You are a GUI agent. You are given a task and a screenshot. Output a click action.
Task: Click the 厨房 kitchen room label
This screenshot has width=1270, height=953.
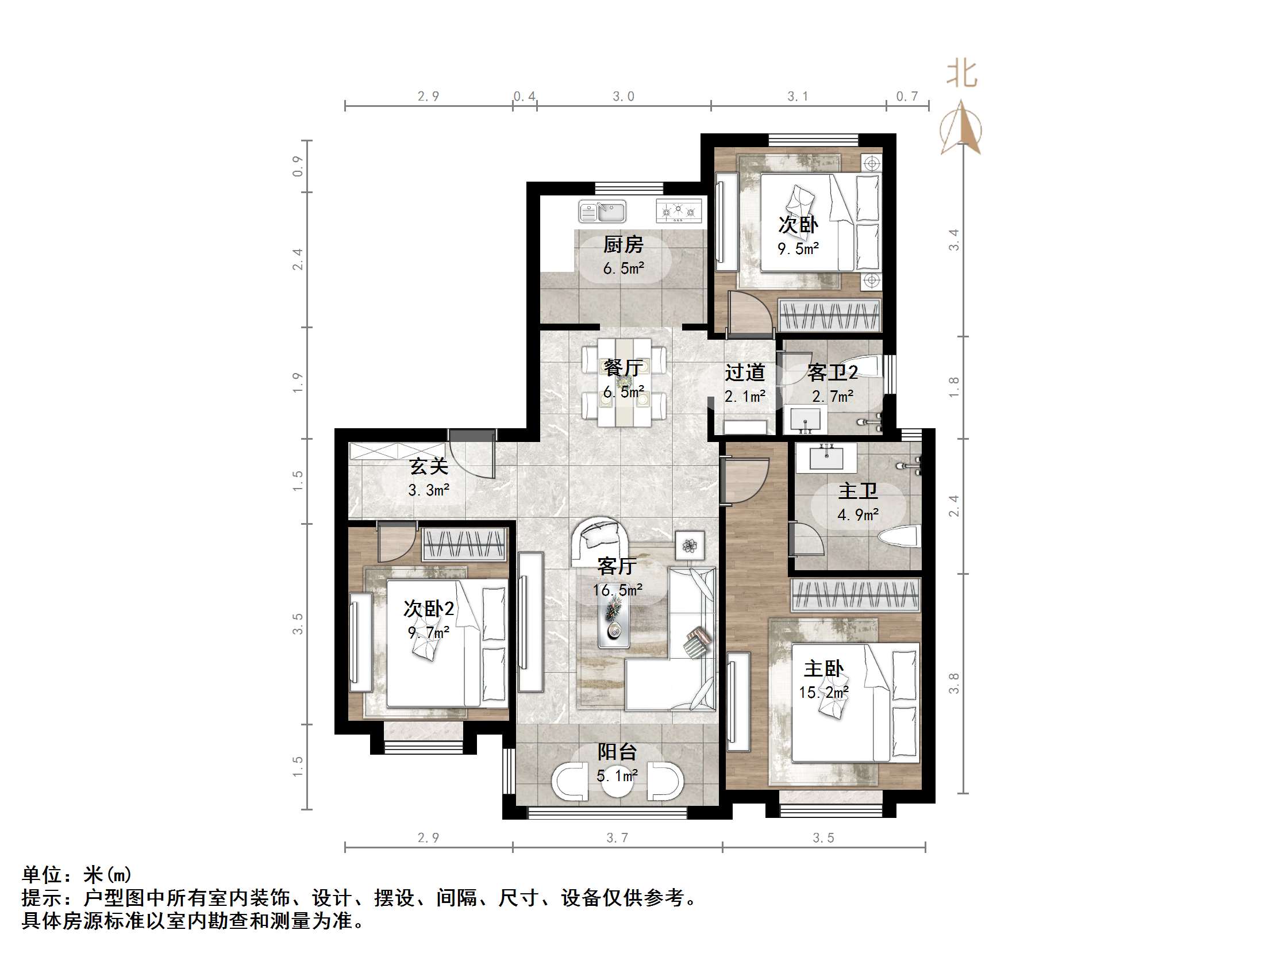click(x=623, y=245)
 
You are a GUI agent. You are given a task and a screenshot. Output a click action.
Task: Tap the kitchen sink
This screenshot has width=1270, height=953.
click(x=602, y=211)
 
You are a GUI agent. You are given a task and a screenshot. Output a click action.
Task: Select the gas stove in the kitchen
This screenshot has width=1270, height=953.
click(x=679, y=211)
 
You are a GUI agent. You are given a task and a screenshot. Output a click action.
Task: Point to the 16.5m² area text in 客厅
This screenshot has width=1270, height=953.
click(x=617, y=590)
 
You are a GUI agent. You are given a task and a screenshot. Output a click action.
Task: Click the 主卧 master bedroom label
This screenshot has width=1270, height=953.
click(x=823, y=668)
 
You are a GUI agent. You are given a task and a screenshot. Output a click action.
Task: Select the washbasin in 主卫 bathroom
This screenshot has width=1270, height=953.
click(x=826, y=458)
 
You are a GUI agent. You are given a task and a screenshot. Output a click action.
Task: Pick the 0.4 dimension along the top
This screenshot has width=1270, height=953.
click(x=524, y=97)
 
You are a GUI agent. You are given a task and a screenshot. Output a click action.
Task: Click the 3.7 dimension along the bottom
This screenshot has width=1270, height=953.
click(x=617, y=838)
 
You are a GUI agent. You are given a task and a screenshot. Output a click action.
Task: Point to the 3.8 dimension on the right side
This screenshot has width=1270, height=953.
click(x=953, y=683)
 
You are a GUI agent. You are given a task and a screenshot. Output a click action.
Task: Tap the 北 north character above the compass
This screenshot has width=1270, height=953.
click(x=961, y=75)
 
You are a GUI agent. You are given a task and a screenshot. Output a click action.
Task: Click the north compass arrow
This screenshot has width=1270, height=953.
click(x=961, y=129)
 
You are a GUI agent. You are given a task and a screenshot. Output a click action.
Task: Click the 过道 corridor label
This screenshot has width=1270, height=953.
click(x=745, y=372)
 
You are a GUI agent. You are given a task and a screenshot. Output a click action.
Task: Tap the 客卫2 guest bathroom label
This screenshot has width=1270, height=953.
click(x=832, y=372)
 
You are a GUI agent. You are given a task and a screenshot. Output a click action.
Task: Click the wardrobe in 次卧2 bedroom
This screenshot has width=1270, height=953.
click(x=464, y=544)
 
